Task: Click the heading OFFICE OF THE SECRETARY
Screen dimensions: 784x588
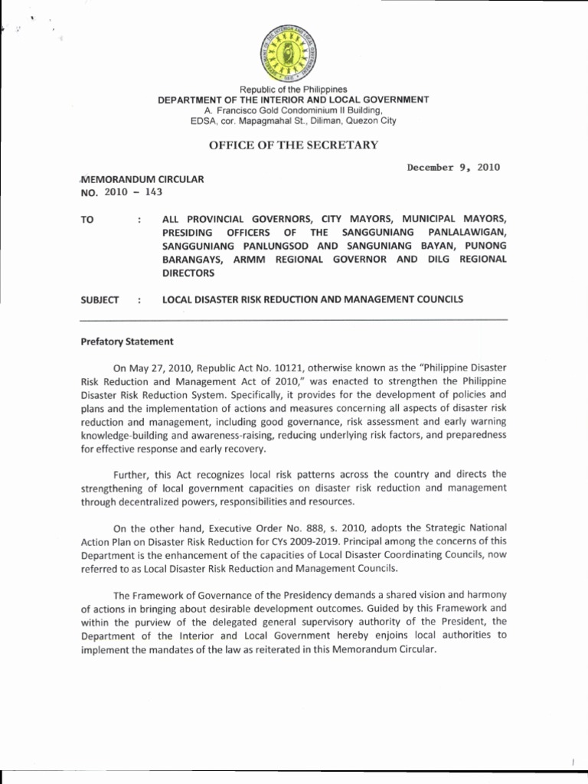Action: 293,145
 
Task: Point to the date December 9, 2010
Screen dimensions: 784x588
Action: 453,167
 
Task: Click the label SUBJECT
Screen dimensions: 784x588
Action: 100,299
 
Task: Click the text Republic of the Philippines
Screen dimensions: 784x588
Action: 293,90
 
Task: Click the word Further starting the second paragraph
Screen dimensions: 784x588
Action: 133,475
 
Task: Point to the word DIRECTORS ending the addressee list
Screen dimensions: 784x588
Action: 188,273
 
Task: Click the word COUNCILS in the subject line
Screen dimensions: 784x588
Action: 440,299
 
